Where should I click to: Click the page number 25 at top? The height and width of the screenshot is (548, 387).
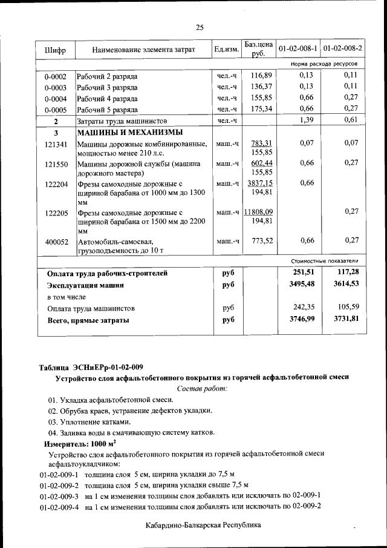coord(200,27)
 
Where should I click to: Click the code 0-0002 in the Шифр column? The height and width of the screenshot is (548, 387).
coord(55,77)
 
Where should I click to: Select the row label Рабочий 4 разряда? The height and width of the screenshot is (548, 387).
coord(107,99)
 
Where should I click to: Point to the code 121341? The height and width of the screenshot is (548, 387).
coord(56,144)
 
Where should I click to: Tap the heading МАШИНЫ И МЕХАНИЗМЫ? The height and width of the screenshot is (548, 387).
coord(130,133)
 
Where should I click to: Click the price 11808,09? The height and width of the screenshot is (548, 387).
coord(259,212)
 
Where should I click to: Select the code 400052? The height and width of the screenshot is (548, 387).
coord(56,242)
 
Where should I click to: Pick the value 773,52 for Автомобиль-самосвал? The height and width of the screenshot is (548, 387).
coord(262,241)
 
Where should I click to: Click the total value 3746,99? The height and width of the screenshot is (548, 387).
coord(298,319)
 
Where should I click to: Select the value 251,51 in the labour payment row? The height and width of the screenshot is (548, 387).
coord(298,272)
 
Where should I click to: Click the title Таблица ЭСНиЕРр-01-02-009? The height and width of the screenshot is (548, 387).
coord(91,368)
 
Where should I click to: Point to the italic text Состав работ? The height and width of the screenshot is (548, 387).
coord(202,388)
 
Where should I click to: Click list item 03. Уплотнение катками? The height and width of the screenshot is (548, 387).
coord(89,421)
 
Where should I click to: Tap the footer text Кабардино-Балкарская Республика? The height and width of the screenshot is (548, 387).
coord(203,525)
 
